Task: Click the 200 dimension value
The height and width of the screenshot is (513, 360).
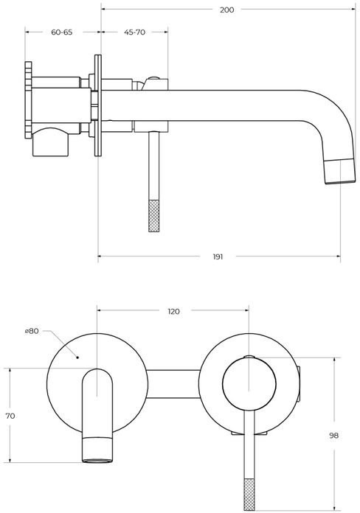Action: point(226,10)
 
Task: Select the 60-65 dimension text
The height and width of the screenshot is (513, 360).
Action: point(61,32)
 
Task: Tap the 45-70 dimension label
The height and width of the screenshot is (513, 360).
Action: point(135,32)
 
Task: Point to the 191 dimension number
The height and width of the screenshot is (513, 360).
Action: point(218,256)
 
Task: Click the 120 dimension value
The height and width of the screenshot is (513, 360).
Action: point(173,312)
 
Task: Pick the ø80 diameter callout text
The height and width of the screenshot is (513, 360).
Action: point(32,331)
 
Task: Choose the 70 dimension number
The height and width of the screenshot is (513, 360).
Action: point(10,416)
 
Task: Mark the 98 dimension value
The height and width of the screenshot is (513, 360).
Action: point(333,436)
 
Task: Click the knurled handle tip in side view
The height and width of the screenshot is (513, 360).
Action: point(154,216)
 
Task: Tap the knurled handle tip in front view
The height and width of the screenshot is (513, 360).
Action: point(249,495)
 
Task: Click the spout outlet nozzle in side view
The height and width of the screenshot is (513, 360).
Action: point(340,171)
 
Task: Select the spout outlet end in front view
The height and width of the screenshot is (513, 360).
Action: point(97,450)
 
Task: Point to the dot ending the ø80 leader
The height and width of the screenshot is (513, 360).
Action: point(77,357)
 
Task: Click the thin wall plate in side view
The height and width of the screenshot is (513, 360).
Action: point(98,105)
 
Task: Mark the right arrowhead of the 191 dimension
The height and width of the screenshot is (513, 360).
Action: point(337,256)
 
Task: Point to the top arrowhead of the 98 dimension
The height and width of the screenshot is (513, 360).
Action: point(334,360)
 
